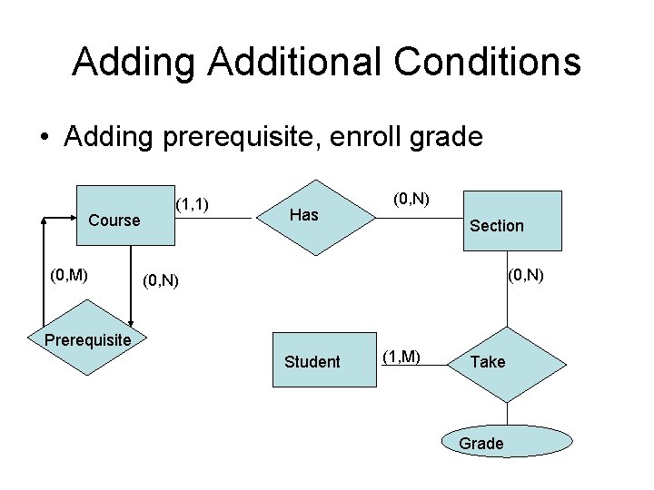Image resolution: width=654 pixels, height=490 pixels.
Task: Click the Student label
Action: coord(312,362)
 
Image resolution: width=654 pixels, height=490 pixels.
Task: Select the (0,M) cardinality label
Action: coord(69,273)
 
